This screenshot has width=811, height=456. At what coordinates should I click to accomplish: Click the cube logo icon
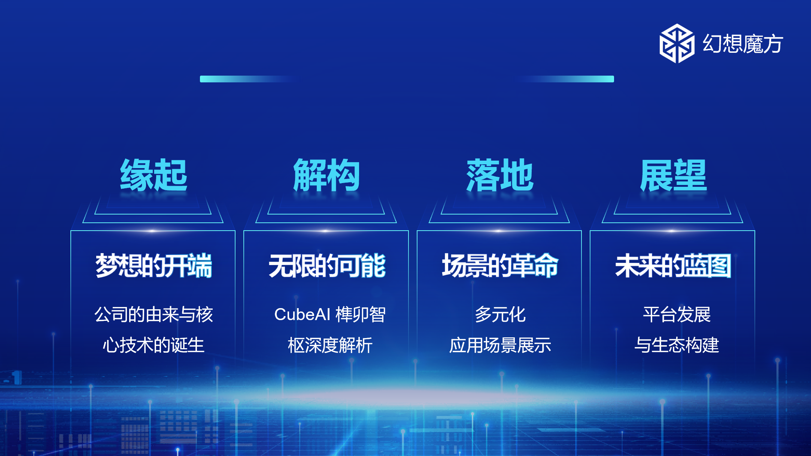(x=677, y=43)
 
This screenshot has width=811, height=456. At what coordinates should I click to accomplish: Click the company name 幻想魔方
(x=743, y=44)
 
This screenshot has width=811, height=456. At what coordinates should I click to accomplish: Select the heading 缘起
(x=154, y=175)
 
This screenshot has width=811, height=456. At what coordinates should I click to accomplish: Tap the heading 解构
(x=326, y=175)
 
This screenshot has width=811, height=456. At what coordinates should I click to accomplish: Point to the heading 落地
(x=499, y=175)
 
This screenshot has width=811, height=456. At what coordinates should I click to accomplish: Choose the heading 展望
(x=673, y=175)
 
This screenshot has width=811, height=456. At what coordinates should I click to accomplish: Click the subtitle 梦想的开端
(x=154, y=266)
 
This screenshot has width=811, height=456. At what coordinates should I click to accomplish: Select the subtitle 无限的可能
(x=327, y=266)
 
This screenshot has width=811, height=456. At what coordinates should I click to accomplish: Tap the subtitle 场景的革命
(x=500, y=266)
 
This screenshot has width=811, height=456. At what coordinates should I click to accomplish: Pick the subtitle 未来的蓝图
(x=673, y=266)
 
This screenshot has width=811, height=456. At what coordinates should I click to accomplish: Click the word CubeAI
(x=302, y=314)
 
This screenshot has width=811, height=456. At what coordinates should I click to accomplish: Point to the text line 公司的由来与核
(x=154, y=314)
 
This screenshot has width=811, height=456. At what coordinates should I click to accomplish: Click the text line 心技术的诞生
(x=154, y=345)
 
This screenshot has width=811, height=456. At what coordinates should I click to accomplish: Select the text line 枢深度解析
(x=330, y=345)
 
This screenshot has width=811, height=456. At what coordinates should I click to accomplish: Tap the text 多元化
(x=500, y=314)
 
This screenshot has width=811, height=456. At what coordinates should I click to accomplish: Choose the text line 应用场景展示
(x=500, y=345)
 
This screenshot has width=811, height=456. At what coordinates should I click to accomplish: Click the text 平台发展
(x=677, y=314)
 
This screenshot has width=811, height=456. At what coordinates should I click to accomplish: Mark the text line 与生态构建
(x=677, y=345)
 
